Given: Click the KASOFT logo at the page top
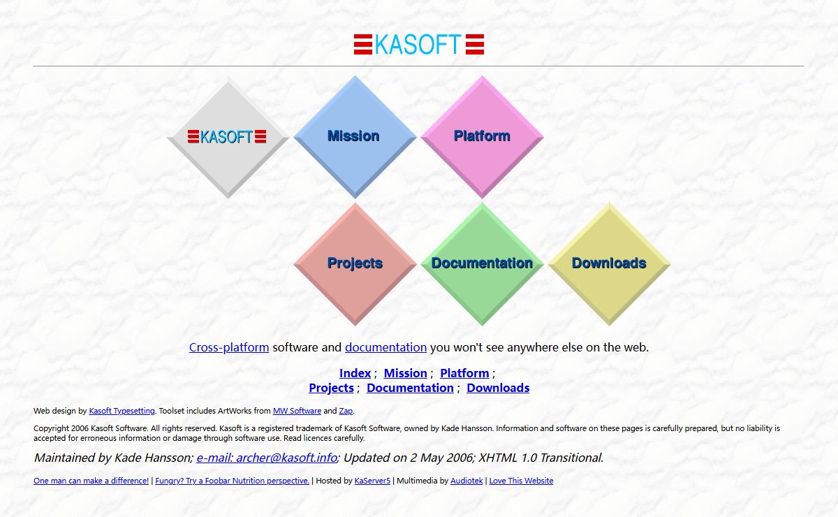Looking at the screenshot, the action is [x=419, y=44].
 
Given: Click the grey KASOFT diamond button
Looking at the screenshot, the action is [x=228, y=137].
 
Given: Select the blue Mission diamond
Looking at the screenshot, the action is [x=355, y=137].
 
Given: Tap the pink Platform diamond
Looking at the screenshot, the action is [x=482, y=137].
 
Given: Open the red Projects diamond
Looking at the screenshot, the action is [x=355, y=264].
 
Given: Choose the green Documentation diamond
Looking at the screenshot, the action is [x=482, y=264].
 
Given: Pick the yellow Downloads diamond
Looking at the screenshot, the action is [x=609, y=264].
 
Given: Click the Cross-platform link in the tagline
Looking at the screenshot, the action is [x=229, y=347].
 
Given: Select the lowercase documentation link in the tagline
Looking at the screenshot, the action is [x=385, y=347].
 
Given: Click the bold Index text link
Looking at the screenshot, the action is [x=355, y=373].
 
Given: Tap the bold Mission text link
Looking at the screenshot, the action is [x=406, y=373].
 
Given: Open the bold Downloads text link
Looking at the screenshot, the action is [x=498, y=388].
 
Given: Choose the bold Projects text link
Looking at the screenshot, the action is [x=332, y=388].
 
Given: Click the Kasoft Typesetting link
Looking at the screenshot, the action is [x=122, y=411].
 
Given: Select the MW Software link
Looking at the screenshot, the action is [x=297, y=411].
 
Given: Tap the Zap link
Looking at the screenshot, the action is [x=346, y=411].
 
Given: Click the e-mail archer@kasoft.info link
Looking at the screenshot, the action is [x=267, y=458].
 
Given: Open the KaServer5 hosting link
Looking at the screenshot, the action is [x=372, y=481].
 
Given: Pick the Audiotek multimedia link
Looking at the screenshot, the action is [x=466, y=481].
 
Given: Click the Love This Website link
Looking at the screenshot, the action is [x=521, y=481].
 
